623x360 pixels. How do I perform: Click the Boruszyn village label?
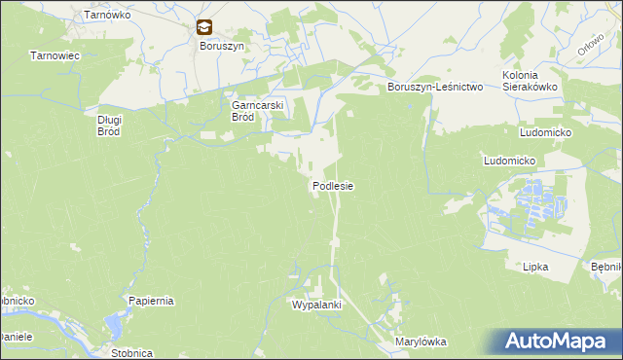tap(207, 46)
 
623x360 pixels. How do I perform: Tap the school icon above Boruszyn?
tap(203, 28)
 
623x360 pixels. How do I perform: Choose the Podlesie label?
tap(332, 185)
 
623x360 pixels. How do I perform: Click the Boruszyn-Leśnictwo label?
tap(435, 87)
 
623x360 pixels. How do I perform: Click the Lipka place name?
tap(535, 266)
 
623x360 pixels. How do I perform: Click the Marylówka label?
tap(420, 342)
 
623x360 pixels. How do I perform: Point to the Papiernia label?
tap(151, 301)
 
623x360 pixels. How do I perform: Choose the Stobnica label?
tap(131, 353)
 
